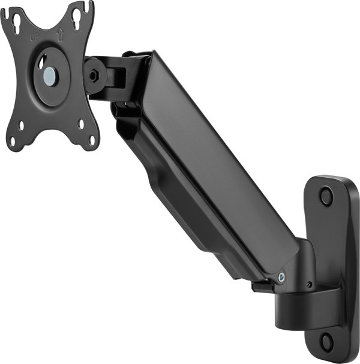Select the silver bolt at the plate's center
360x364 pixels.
50,75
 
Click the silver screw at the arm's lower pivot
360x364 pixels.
281,277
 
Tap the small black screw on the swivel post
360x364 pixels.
309,284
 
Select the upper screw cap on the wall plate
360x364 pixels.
326,196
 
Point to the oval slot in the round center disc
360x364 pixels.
42,63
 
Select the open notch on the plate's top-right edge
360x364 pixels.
89,7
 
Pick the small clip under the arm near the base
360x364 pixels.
260,287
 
